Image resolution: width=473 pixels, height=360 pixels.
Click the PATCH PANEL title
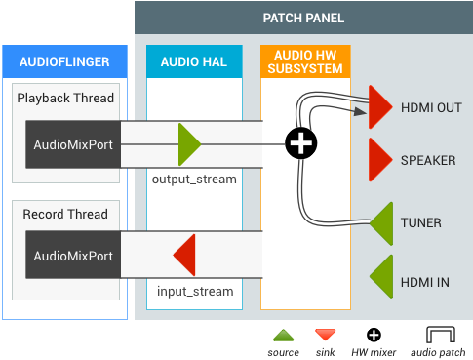[x=303, y=19]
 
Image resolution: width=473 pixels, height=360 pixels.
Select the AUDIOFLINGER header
[x=65, y=62]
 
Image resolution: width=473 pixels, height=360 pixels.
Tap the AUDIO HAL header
[x=193, y=62]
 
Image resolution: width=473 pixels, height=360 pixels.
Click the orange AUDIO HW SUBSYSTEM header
[x=304, y=62]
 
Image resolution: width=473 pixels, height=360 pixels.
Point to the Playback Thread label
[x=65, y=99]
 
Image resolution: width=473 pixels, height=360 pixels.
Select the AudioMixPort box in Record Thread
[x=72, y=257]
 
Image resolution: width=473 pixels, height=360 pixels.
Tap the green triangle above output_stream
[x=188, y=144]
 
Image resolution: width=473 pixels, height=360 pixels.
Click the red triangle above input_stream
[x=186, y=257]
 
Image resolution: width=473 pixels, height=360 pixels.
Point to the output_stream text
[x=194, y=180]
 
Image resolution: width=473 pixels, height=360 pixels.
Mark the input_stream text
[x=195, y=291]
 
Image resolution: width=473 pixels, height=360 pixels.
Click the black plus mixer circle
[x=300, y=144]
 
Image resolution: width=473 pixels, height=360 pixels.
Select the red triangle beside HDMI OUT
[x=380, y=106]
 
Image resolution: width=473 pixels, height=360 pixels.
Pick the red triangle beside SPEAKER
[x=380, y=159]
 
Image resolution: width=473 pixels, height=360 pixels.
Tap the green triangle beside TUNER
[x=381, y=222]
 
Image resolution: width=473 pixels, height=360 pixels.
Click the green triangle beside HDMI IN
[x=381, y=276]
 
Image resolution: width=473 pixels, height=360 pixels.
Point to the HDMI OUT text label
[x=430, y=107]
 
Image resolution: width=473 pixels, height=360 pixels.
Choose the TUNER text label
[x=420, y=223]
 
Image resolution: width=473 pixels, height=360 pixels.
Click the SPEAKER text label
[x=427, y=160]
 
